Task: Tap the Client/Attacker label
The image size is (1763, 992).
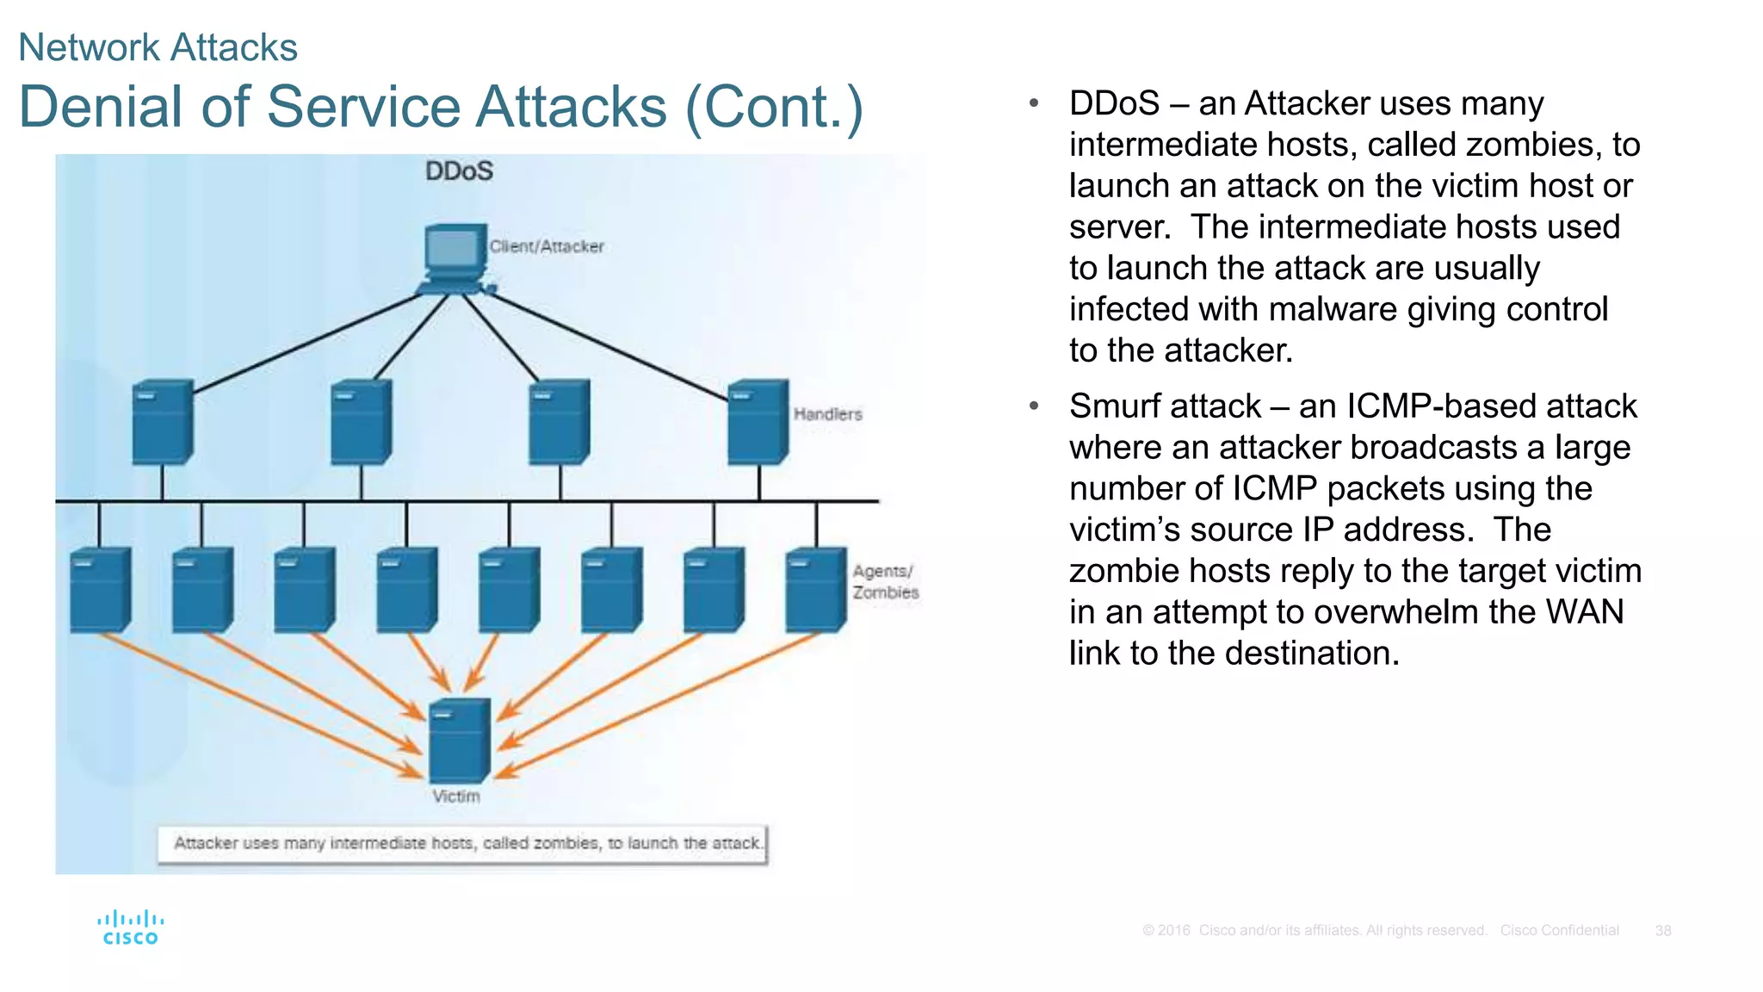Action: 547,246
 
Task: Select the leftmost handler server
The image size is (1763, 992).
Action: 162,422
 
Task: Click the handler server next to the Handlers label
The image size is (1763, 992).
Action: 758,422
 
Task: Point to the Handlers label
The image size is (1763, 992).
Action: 827,414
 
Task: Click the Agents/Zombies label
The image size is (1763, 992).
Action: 885,582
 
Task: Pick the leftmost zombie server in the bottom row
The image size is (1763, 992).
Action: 100,590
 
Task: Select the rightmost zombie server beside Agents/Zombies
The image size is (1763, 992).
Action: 815,590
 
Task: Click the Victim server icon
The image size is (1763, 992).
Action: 460,740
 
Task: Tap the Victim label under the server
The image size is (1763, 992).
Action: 456,797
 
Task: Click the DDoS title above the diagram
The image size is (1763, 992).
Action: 459,170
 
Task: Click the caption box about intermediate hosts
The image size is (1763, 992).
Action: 463,844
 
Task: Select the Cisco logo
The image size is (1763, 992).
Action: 130,928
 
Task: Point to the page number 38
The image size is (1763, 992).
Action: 1662,931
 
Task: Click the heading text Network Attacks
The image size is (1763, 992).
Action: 158,47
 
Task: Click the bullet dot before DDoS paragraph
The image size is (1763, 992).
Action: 1034,103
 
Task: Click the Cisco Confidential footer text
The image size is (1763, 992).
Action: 1559,931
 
